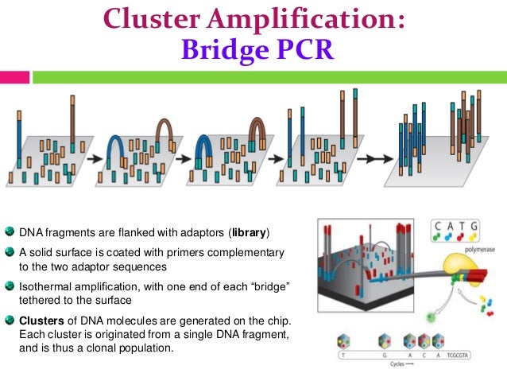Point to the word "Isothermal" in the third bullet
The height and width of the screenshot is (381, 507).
click(45, 286)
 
